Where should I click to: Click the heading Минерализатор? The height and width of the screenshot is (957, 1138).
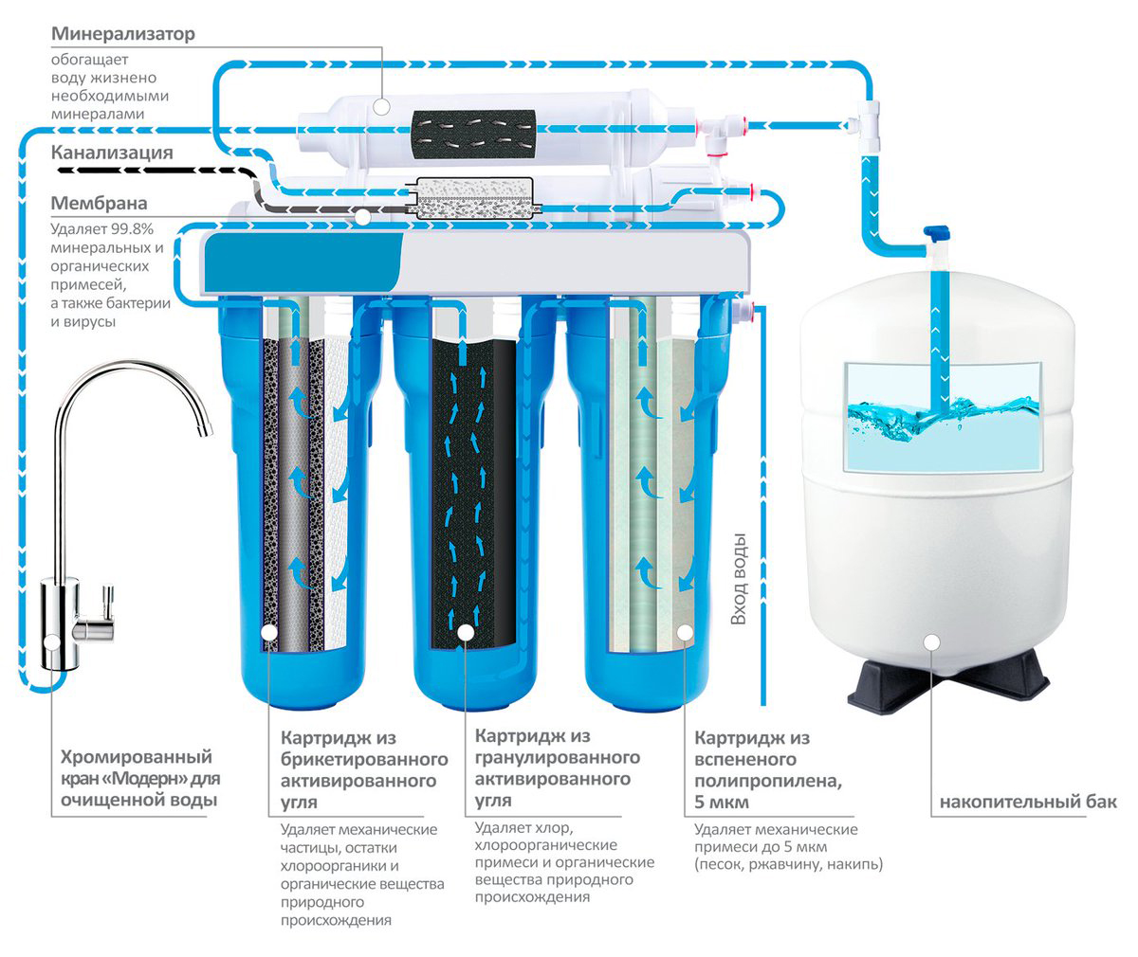click(122, 34)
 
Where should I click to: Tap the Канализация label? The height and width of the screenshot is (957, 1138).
click(112, 153)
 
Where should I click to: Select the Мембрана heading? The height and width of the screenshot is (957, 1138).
click(100, 203)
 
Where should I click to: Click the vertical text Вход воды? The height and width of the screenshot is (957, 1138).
click(738, 578)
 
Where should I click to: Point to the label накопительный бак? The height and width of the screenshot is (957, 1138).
click(1028, 802)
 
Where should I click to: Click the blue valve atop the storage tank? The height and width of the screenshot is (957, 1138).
click(936, 235)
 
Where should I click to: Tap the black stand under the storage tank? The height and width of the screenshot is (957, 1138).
click(947, 684)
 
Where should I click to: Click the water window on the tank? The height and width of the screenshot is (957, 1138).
click(943, 417)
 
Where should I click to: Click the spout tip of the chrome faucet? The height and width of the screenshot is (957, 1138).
click(205, 428)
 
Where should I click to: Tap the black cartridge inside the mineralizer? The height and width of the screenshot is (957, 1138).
click(474, 135)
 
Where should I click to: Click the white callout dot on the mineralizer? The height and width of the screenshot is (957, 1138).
click(381, 107)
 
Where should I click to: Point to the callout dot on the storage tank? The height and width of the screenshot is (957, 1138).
click(932, 642)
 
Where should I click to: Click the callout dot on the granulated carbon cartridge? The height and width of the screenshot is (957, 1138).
click(466, 632)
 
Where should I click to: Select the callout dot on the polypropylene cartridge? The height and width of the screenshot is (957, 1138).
click(685, 632)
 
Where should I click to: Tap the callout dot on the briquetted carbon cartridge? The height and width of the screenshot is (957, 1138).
click(268, 632)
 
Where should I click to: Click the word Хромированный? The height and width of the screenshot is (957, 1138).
click(136, 756)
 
